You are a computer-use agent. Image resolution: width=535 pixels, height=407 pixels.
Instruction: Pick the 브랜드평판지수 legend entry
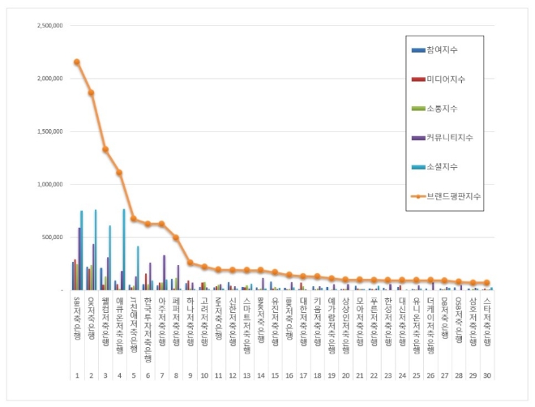(x=452, y=195)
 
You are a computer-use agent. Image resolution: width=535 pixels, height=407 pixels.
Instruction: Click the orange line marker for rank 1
(x=76, y=62)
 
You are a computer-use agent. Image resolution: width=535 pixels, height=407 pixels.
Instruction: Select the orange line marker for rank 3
(x=105, y=149)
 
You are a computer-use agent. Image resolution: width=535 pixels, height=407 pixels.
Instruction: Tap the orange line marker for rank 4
(x=119, y=172)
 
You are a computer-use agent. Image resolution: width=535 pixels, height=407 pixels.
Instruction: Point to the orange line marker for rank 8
(x=176, y=238)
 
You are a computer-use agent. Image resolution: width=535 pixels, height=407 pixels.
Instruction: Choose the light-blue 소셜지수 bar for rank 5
(x=138, y=268)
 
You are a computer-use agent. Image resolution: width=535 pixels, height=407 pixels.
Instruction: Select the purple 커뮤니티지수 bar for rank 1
(x=79, y=259)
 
